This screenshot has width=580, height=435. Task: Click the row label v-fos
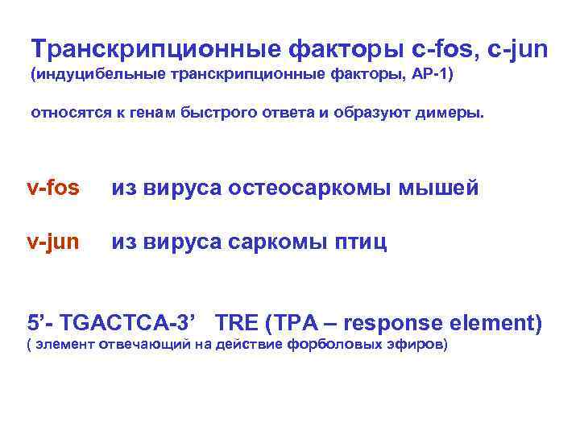53,188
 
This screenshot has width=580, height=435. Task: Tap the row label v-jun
53,242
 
